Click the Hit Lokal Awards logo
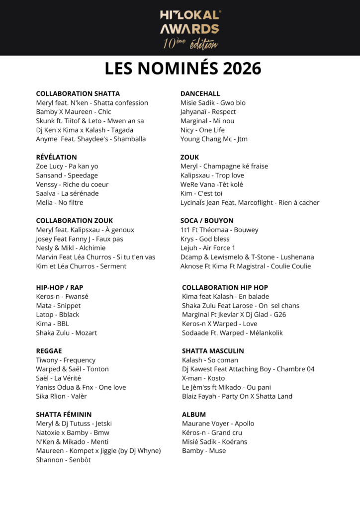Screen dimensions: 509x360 pos(190,29)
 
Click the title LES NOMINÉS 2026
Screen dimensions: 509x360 pos(183,69)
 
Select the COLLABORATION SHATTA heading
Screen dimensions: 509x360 pos(78,93)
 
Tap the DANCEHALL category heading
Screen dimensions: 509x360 pos(200,93)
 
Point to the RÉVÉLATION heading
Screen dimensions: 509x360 pos(56,157)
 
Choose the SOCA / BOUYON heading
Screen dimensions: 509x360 pos(207,221)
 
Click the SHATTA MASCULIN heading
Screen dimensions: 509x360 pos(213,351)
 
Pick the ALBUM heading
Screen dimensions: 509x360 pos(194,415)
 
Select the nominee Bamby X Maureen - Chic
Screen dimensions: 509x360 pos(74,112)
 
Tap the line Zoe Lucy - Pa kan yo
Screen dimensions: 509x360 pos(67,166)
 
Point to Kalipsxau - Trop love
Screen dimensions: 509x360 pos(212,175)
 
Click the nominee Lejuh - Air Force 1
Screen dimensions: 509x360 pos(208,248)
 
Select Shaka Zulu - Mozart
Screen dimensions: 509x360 pos(67,333)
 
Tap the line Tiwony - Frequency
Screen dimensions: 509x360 pos(66,360)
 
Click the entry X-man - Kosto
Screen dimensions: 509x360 pos(203,378)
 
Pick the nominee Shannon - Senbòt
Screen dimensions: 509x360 pos(63,460)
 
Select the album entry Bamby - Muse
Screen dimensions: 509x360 pos(204,451)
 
